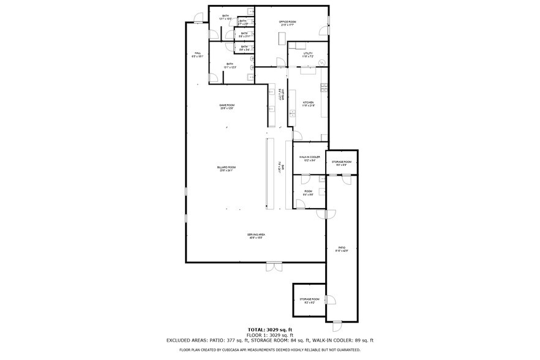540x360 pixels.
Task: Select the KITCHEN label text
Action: [308, 103]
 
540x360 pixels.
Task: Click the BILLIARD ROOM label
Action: [226, 168]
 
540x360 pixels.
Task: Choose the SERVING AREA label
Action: [255, 236]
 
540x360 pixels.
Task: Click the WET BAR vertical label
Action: [281, 96]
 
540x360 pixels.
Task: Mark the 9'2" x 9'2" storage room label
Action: [309, 301]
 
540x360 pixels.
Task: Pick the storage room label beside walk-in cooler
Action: [341, 163]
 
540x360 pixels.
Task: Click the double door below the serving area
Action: [274, 266]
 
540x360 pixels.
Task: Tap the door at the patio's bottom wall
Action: [337, 321]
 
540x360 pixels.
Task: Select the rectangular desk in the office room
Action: [282, 38]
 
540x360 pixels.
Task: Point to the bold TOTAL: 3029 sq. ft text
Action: [269, 330]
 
